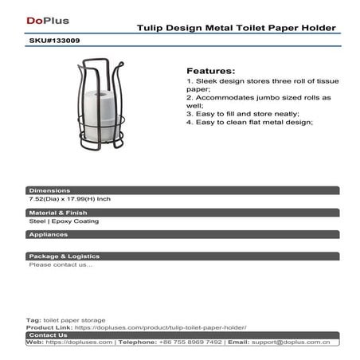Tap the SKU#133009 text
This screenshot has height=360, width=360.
(x=53, y=38)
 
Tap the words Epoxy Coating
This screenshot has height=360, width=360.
(x=80, y=221)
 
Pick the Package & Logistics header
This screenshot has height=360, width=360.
(x=64, y=256)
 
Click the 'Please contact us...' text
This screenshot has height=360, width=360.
(x=61, y=264)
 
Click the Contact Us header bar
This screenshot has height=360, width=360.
(x=47, y=335)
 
